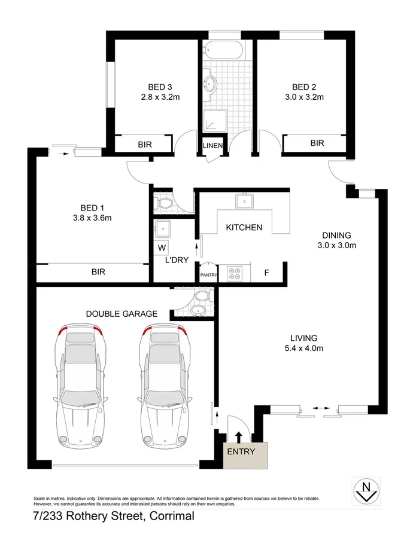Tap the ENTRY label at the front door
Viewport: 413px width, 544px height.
coord(241,451)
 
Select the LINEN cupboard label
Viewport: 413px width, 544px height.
coord(212,146)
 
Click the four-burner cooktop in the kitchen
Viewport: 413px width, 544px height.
coord(234,274)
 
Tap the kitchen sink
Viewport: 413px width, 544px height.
coord(244,201)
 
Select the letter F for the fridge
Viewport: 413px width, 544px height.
coord(268,274)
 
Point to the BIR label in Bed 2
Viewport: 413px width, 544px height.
coord(317,143)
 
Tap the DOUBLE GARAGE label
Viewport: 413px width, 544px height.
coord(122,313)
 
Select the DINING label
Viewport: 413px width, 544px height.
coord(336,235)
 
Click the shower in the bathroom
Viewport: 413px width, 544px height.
coord(213,122)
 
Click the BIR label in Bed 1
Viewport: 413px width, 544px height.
coord(98,271)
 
